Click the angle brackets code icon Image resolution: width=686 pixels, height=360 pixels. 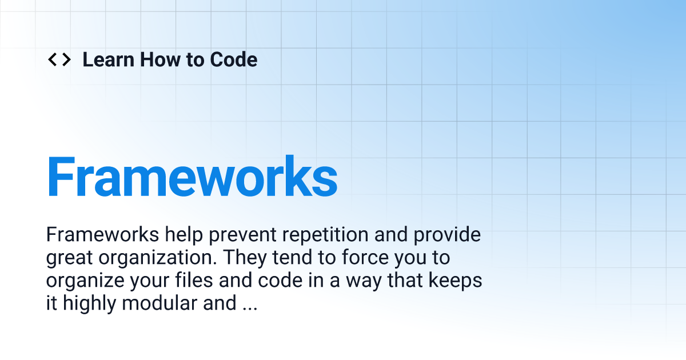(59, 59)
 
